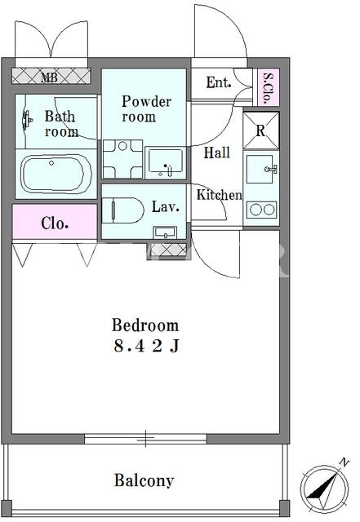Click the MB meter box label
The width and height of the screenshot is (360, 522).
(x=49, y=77)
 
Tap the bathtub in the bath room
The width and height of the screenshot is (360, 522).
(x=56, y=174)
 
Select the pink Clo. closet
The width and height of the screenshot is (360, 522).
(x=55, y=222)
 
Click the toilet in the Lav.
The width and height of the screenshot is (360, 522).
(x=122, y=210)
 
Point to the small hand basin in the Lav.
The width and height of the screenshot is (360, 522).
(x=165, y=232)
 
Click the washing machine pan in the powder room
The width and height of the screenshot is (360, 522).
(x=122, y=159)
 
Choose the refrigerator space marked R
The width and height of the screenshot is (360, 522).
(x=260, y=130)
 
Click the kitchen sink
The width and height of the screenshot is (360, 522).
(x=262, y=169)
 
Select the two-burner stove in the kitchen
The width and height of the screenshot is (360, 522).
(x=262, y=210)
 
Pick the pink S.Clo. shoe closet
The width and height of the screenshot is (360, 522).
(x=269, y=87)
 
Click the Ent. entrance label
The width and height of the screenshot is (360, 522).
(x=219, y=82)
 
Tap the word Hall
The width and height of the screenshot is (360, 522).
(x=216, y=153)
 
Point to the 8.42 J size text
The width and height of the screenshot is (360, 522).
(x=146, y=346)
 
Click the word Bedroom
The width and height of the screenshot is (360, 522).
(x=145, y=325)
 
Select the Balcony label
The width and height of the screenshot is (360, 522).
(x=144, y=480)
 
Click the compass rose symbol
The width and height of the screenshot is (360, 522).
(x=324, y=488)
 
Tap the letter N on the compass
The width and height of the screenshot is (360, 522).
(x=344, y=462)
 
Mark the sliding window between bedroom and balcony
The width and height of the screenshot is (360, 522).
(x=145, y=439)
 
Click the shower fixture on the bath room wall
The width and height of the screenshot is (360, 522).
(x=27, y=120)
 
